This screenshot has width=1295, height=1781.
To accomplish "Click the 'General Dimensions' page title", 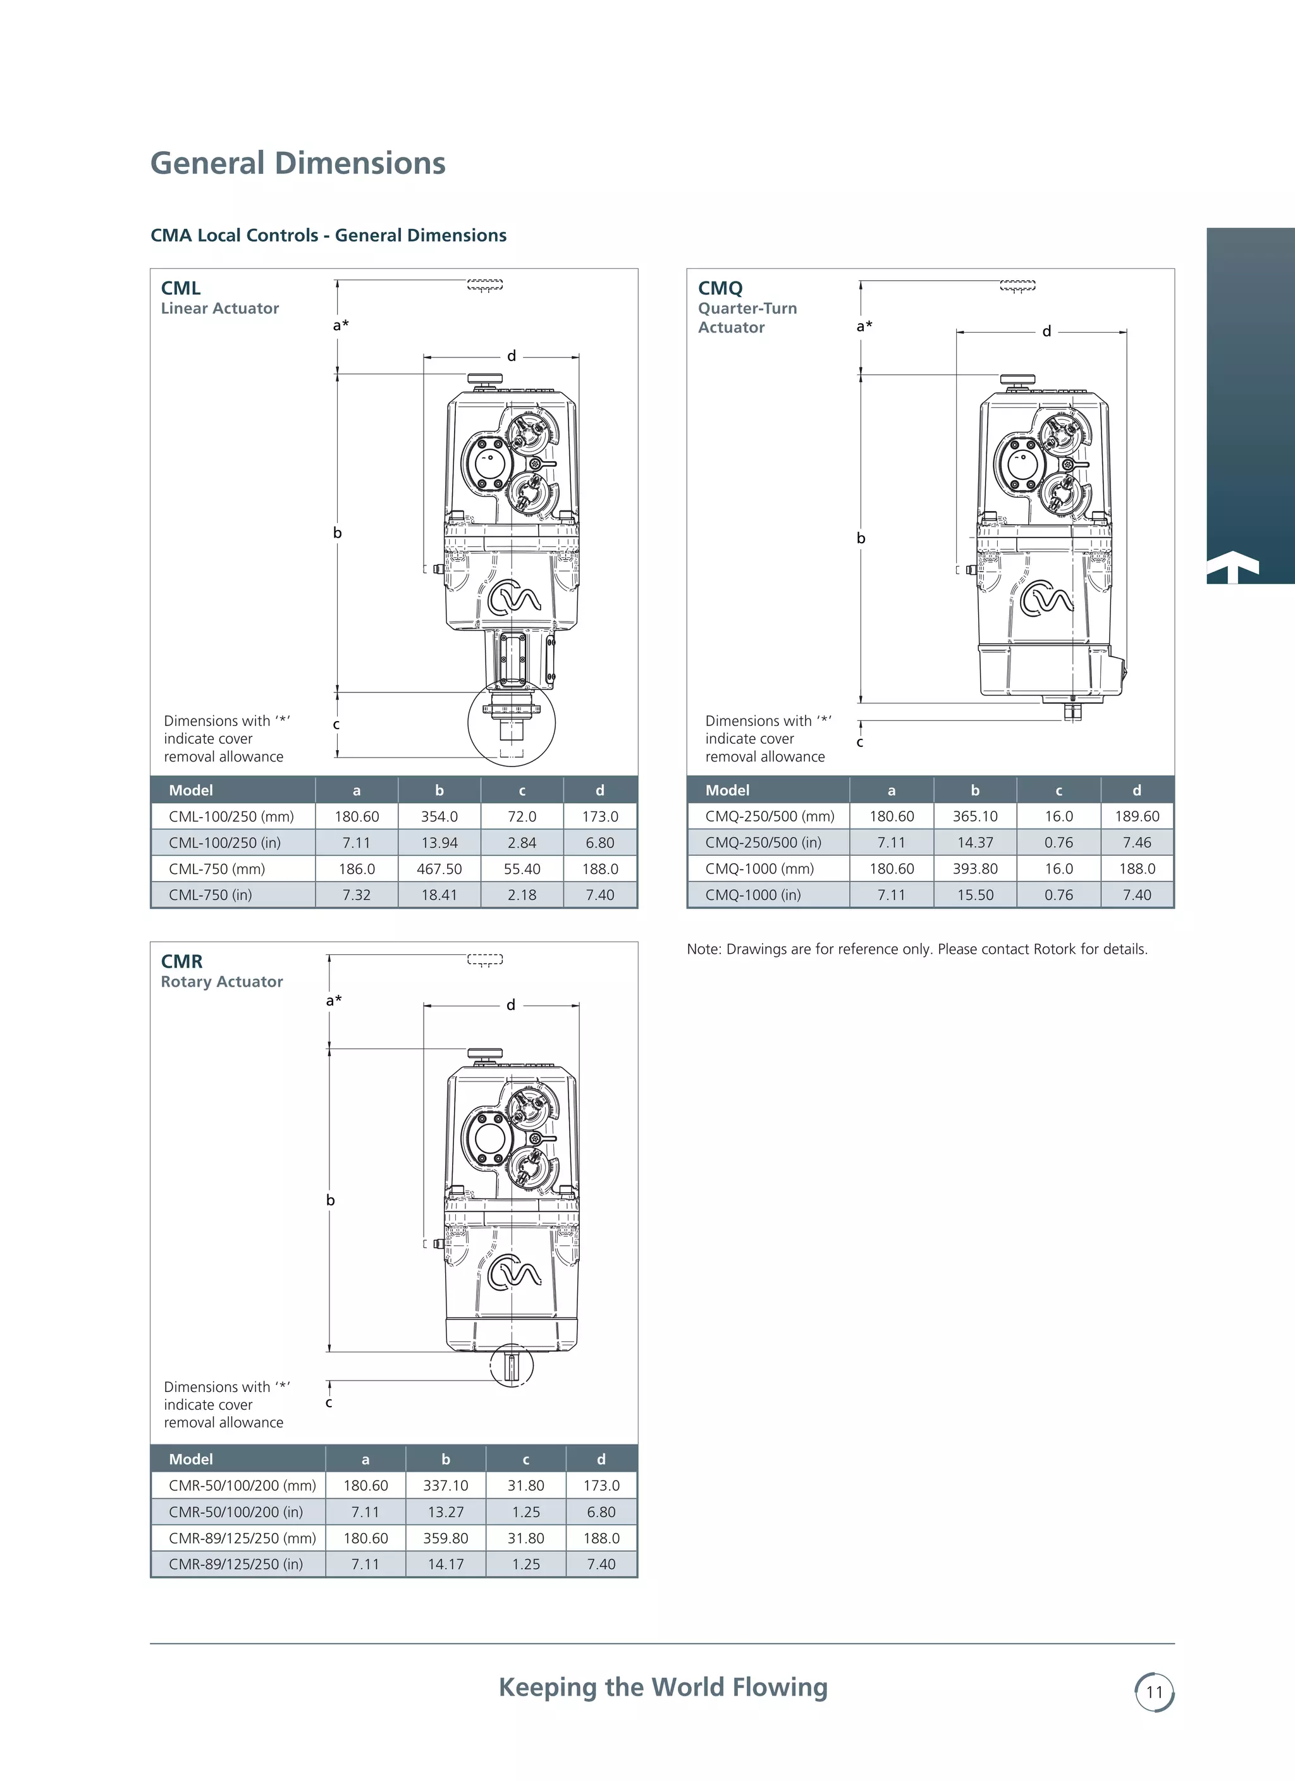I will tap(298, 163).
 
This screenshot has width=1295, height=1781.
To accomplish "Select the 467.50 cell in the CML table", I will tap(439, 868).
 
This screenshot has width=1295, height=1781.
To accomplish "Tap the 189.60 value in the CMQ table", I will tap(1136, 816).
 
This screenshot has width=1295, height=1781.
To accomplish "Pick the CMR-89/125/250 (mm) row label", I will tap(242, 1538).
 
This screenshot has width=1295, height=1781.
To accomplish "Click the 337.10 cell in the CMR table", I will tap(445, 1485).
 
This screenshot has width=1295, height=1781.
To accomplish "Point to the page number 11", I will tap(1153, 1691).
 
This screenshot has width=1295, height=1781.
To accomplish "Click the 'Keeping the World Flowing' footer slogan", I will tap(663, 1687).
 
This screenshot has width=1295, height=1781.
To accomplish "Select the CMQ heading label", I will tap(720, 288).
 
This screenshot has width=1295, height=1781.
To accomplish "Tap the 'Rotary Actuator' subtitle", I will tap(221, 982).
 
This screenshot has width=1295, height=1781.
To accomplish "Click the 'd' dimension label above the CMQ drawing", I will tap(1046, 331).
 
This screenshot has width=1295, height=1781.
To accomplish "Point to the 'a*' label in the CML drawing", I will tap(340, 325).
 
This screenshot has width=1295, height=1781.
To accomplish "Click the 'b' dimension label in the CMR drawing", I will tap(331, 1200).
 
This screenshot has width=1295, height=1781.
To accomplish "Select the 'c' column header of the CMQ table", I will tap(1058, 790).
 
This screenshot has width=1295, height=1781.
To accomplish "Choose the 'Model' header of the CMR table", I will tap(191, 1459).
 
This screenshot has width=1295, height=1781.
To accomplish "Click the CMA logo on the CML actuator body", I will tap(514, 598).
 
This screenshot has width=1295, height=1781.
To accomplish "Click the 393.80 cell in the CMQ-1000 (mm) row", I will tap(974, 868).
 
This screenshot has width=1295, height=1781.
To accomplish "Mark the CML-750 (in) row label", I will tap(211, 894).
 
